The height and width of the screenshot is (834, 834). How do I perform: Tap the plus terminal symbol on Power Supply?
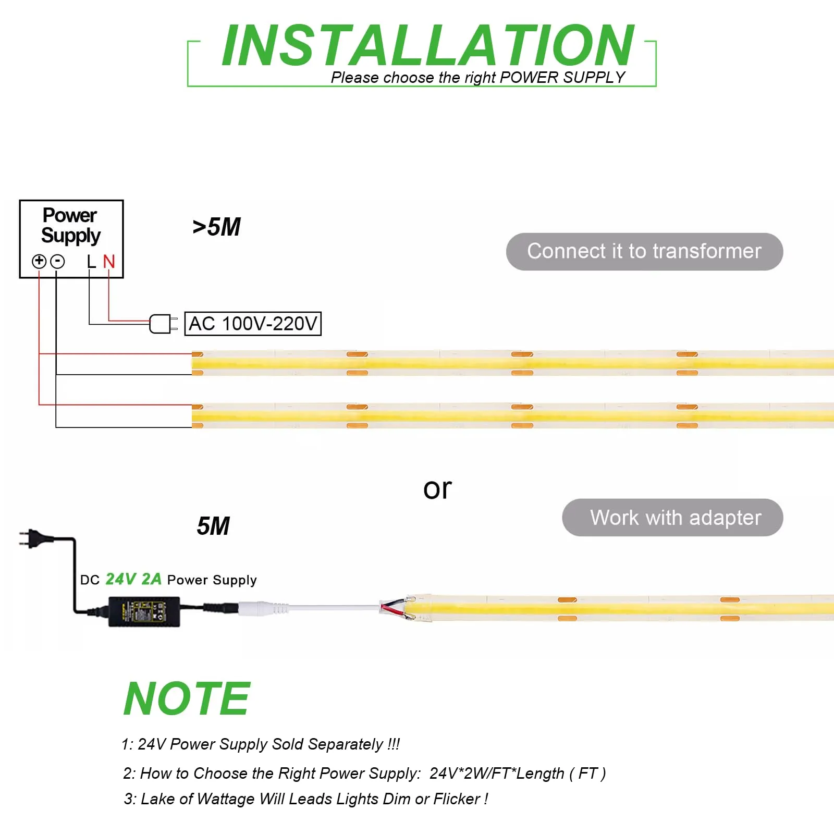pyautogui.click(x=39, y=261)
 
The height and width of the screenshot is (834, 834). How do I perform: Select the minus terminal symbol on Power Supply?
pyautogui.click(x=57, y=261)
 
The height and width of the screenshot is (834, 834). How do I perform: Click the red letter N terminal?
pyautogui.click(x=108, y=261)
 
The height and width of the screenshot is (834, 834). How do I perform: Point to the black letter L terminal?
pyautogui.click(x=91, y=261)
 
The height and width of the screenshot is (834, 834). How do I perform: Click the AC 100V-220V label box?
pyautogui.click(x=253, y=324)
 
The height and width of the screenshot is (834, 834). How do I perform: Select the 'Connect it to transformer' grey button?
pyautogui.click(x=644, y=252)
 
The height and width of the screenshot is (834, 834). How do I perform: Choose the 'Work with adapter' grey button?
pyautogui.click(x=672, y=518)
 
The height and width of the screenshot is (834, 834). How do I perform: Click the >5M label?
pyautogui.click(x=216, y=227)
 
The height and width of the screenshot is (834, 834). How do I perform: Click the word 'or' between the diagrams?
pyautogui.click(x=437, y=489)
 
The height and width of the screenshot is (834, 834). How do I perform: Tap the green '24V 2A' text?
pyautogui.click(x=133, y=579)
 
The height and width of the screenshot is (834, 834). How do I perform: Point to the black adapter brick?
pyautogui.click(x=144, y=611)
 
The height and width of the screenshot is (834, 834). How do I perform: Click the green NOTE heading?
pyautogui.click(x=187, y=698)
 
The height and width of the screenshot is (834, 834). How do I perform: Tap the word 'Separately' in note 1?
pyautogui.click(x=346, y=744)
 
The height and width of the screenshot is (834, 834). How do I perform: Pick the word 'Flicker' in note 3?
pyautogui.click(x=457, y=799)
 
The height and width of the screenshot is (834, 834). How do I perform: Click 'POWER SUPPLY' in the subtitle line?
pyautogui.click(x=562, y=78)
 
